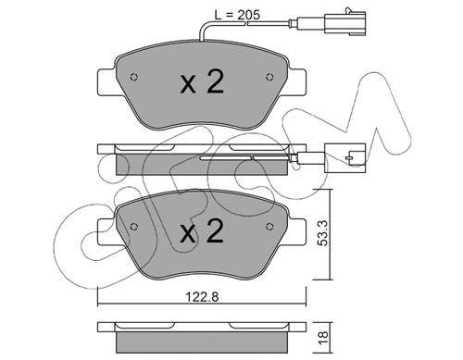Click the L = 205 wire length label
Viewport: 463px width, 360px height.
pos(237,15)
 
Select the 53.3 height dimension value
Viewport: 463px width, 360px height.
pos(323,233)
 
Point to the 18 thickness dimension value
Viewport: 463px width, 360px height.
pos(323,338)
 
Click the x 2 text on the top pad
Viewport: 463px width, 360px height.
pos(202,81)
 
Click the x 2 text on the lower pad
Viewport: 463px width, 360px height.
pos(202,230)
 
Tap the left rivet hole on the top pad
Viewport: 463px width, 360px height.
pos(134,77)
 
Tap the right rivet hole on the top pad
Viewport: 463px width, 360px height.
pos(269,77)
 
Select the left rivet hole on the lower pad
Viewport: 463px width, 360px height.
pos(134,227)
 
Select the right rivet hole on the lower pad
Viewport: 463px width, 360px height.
pos(269,227)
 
